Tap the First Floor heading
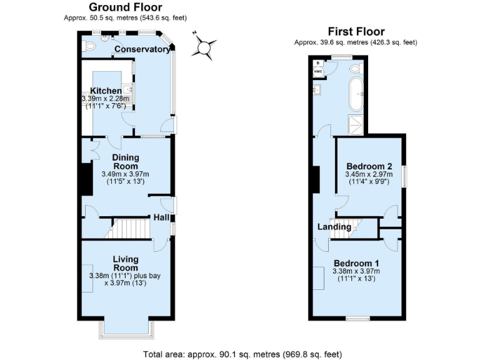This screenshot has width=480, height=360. pos(356,32)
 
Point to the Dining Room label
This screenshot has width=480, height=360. pos(126,161)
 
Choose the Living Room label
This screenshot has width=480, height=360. pos(126,263)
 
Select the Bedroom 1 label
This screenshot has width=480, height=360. pos(356,262)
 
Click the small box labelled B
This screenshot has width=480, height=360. pos(317,62)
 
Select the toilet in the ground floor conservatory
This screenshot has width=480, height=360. pos(89,45)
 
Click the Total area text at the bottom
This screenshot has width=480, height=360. pos(242,354)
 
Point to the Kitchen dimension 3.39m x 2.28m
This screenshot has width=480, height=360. pos(105,99)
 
